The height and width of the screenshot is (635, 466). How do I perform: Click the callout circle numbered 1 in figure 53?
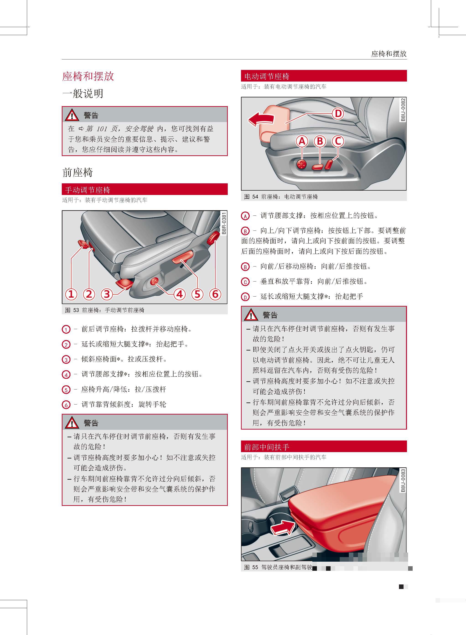click(71, 294)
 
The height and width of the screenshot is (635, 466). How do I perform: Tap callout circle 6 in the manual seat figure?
click(215, 294)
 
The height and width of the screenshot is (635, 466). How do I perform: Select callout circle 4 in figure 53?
click(180, 294)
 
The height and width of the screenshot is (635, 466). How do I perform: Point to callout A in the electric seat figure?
click(302, 141)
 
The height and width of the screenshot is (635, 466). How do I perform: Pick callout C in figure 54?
click(338, 141)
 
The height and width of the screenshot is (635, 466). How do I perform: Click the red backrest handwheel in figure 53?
click(213, 238)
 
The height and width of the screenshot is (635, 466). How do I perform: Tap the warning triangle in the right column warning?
click(251, 315)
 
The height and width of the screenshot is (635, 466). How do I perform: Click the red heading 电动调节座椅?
click(267, 76)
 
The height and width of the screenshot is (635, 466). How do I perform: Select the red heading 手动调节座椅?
click(88, 190)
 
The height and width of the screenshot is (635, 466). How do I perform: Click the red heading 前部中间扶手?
click(267, 447)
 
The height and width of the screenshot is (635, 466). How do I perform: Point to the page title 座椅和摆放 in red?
click(88, 76)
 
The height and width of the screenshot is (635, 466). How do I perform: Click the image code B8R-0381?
click(224, 223)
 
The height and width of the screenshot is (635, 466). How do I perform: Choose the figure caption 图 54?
click(281, 197)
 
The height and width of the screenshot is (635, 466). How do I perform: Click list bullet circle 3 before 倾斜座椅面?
click(66, 360)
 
